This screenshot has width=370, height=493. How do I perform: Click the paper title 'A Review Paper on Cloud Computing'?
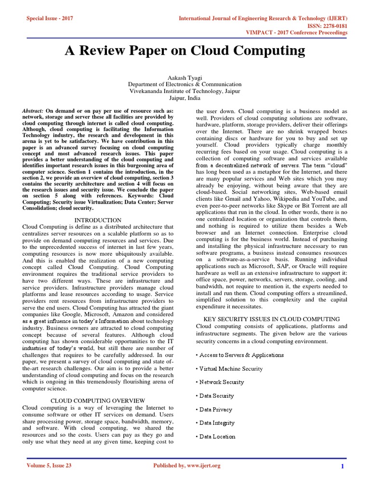point(185,51)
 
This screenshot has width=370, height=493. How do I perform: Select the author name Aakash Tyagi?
point(185,77)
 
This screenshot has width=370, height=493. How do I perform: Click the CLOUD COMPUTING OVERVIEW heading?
point(97,400)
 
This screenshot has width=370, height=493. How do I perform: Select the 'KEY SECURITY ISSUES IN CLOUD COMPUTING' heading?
point(272,319)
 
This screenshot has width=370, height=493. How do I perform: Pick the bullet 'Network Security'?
point(222,382)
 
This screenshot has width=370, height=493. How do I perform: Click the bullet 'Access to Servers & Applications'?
point(241,355)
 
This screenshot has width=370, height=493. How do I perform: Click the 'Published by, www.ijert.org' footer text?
point(186,466)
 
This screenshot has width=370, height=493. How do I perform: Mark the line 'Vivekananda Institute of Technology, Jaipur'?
point(185,91)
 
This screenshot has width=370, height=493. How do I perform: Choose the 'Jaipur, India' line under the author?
point(185,97)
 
